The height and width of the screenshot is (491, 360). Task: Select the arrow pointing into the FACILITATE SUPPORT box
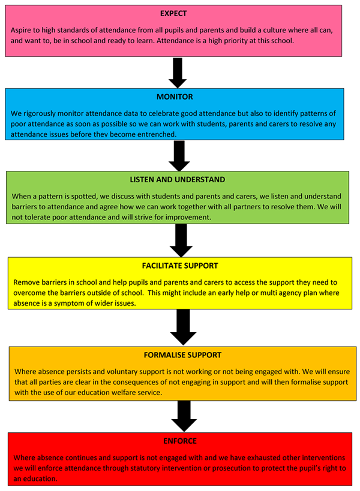(181, 241)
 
